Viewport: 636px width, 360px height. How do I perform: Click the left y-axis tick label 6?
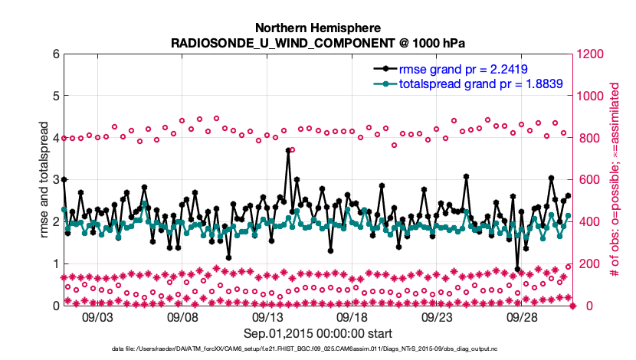pos(55,54)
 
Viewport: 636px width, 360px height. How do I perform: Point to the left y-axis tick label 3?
pos(55,180)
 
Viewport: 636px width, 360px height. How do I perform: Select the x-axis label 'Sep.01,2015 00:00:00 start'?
pos(317,333)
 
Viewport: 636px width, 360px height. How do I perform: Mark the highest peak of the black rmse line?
pos(288,151)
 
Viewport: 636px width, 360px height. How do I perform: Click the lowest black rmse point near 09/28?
pos(518,270)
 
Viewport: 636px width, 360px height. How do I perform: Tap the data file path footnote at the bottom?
pos(317,349)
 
